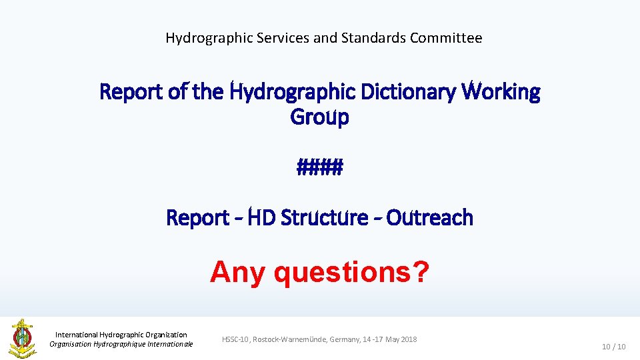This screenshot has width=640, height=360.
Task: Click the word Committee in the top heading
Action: tap(445, 38)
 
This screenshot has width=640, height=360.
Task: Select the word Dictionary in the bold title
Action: tap(407, 91)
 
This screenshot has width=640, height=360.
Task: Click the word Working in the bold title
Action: tap(502, 91)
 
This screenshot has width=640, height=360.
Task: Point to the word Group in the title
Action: tap(319, 117)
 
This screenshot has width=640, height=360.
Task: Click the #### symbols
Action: tap(320, 167)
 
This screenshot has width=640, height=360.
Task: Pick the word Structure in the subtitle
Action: tap(325, 217)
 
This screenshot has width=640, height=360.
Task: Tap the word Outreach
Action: tap(430, 217)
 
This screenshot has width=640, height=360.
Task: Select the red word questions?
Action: tap(352, 272)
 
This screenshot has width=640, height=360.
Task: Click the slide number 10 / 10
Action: tap(613, 347)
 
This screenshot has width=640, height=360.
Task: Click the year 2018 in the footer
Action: tap(409, 339)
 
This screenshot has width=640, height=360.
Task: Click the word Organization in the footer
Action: tap(163, 335)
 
